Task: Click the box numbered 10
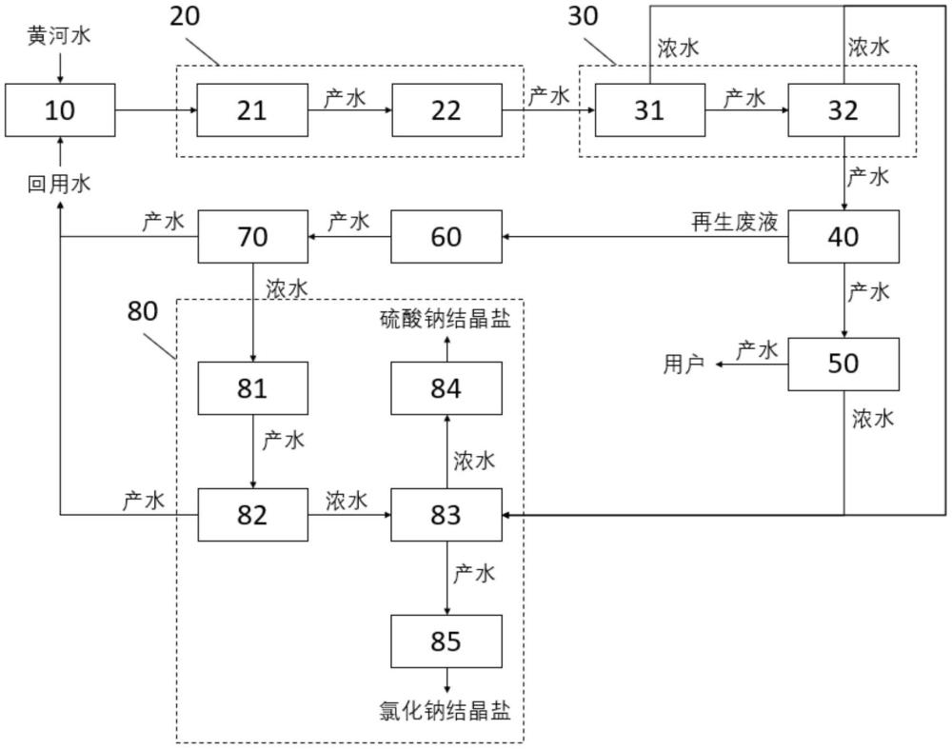(x=60, y=110)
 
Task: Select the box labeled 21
(x=252, y=110)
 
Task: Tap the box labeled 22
(x=446, y=110)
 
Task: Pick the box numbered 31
(x=650, y=110)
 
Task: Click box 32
(x=843, y=110)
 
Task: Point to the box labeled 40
(x=843, y=235)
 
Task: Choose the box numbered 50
(x=843, y=363)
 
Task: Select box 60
(x=446, y=235)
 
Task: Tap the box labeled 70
(x=252, y=235)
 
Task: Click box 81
(x=252, y=388)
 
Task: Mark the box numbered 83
(x=446, y=515)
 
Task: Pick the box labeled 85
(x=446, y=641)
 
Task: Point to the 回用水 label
(x=59, y=185)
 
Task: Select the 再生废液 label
(x=735, y=223)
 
